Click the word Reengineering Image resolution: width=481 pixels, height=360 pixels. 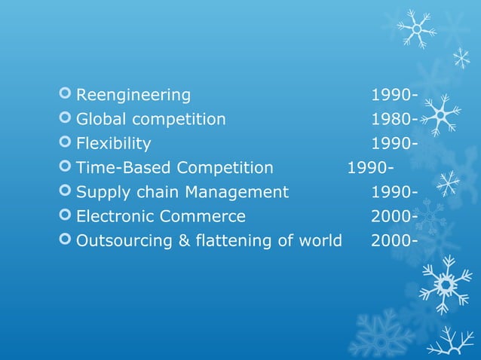tap(133, 95)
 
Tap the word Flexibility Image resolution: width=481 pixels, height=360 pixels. tap(113, 144)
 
